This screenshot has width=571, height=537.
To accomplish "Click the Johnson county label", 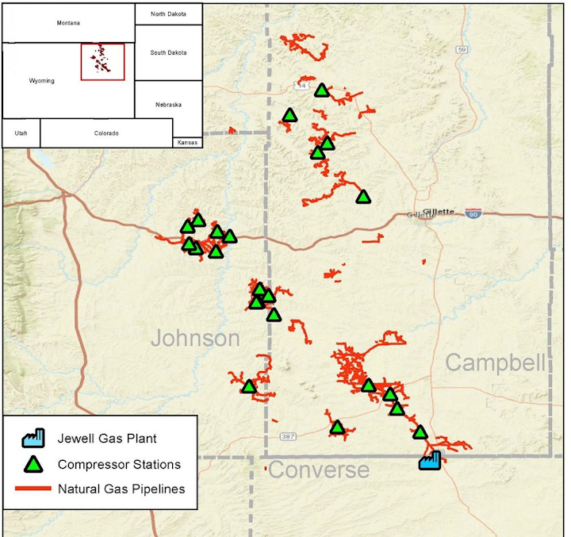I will pyautogui.click(x=195, y=339).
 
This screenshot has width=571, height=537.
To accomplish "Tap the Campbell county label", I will pyautogui.click(x=496, y=362).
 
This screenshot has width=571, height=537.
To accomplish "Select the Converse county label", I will pyautogui.click(x=319, y=470).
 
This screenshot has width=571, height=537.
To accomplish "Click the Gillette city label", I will pyautogui.click(x=439, y=211).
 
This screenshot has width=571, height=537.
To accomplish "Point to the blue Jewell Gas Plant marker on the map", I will pyautogui.click(x=430, y=461).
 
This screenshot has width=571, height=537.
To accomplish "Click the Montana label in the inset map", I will pyautogui.click(x=69, y=23).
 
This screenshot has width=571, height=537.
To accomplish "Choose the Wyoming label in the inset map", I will pyautogui.click(x=42, y=81).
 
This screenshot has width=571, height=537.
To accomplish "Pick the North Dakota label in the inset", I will pyautogui.click(x=168, y=13).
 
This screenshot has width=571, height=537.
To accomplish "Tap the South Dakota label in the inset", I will pyautogui.click(x=168, y=52).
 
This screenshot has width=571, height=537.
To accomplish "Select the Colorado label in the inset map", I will pyautogui.click(x=106, y=133).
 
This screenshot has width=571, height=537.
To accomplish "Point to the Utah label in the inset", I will pyautogui.click(x=21, y=133).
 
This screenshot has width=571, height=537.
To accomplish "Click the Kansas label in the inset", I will pyautogui.click(x=188, y=142).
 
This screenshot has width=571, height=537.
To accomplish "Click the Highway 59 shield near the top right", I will pyautogui.click(x=462, y=50).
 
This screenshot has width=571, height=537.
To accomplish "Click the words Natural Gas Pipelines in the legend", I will pyautogui.click(x=121, y=489).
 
